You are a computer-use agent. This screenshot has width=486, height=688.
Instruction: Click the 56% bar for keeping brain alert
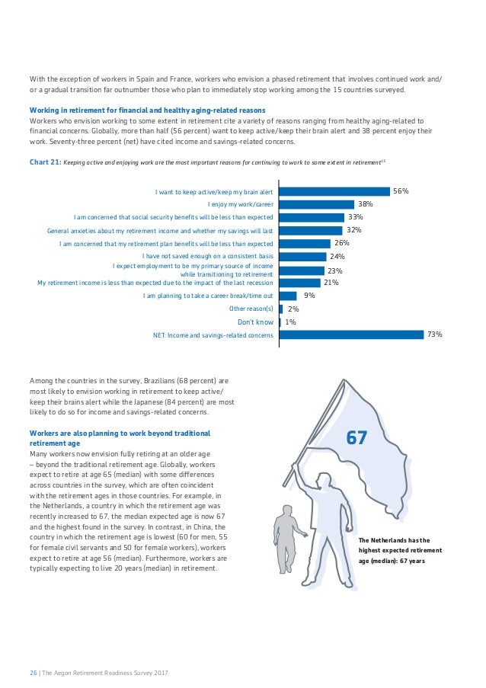(x=334, y=192)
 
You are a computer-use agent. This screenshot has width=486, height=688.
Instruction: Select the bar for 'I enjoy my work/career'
(x=317, y=204)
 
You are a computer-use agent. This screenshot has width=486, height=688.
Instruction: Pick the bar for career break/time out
(x=289, y=296)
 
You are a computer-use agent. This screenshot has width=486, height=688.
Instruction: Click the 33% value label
(x=355, y=217)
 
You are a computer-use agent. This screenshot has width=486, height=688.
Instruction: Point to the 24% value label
(x=338, y=257)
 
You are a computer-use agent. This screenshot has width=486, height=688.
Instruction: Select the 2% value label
(x=293, y=309)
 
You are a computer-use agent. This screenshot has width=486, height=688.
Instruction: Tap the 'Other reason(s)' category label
(x=251, y=309)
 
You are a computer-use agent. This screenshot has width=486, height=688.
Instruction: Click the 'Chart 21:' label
(x=44, y=162)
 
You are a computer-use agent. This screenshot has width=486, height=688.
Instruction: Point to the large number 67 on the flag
(x=357, y=439)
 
